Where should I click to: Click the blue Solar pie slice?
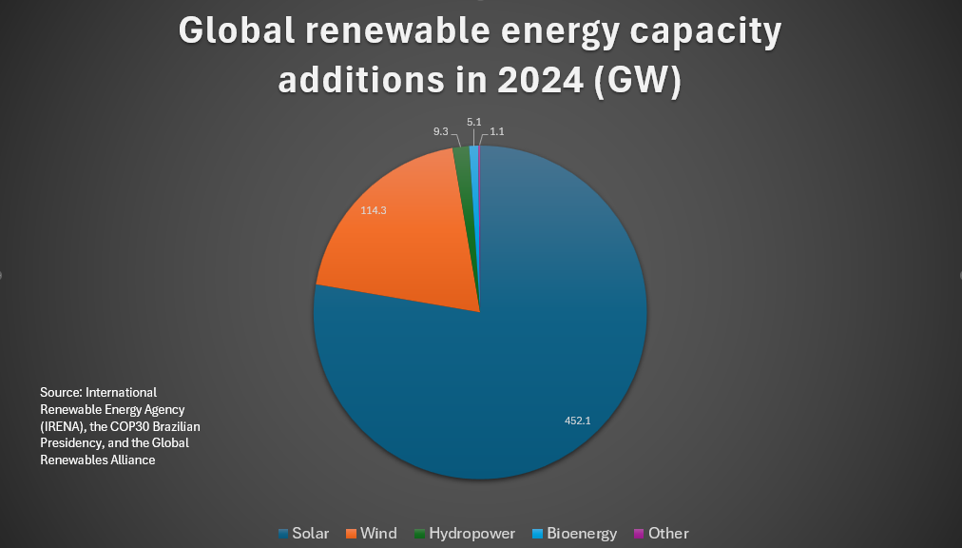point(532,362)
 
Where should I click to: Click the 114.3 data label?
point(373,210)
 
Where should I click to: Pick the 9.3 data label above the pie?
point(440,131)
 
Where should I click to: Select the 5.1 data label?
point(473,122)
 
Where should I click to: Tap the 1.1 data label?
point(496,131)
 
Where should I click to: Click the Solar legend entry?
point(303,533)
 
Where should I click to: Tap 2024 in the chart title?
point(531,80)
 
